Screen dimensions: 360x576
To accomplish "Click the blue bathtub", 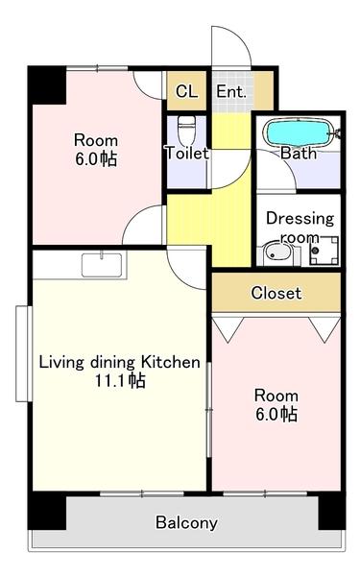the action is tap(298, 133).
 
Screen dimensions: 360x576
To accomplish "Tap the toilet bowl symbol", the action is tap(186, 132).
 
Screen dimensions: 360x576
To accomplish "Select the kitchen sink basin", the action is tap(102, 265).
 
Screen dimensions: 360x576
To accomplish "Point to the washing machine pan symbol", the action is tap(324, 251).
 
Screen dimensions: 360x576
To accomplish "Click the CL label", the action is tap(186, 91).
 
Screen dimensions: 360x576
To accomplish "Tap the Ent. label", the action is tap(231, 91).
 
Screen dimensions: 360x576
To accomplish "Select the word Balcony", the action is tap(186, 523).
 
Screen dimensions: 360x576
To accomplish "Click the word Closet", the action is tap(276, 293).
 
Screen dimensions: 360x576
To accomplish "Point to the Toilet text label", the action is tap(187, 153).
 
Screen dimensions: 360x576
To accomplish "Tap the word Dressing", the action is tap(300, 219).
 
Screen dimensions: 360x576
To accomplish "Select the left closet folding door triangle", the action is tap(228, 328).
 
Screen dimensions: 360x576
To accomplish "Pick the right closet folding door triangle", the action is tap(324, 328).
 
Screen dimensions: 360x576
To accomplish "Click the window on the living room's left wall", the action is tap(22, 353).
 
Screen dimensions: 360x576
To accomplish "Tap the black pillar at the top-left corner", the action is tap(47, 85).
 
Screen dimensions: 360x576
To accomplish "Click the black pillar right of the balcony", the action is tap(332, 511).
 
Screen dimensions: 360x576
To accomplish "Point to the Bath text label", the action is tap(299, 153).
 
